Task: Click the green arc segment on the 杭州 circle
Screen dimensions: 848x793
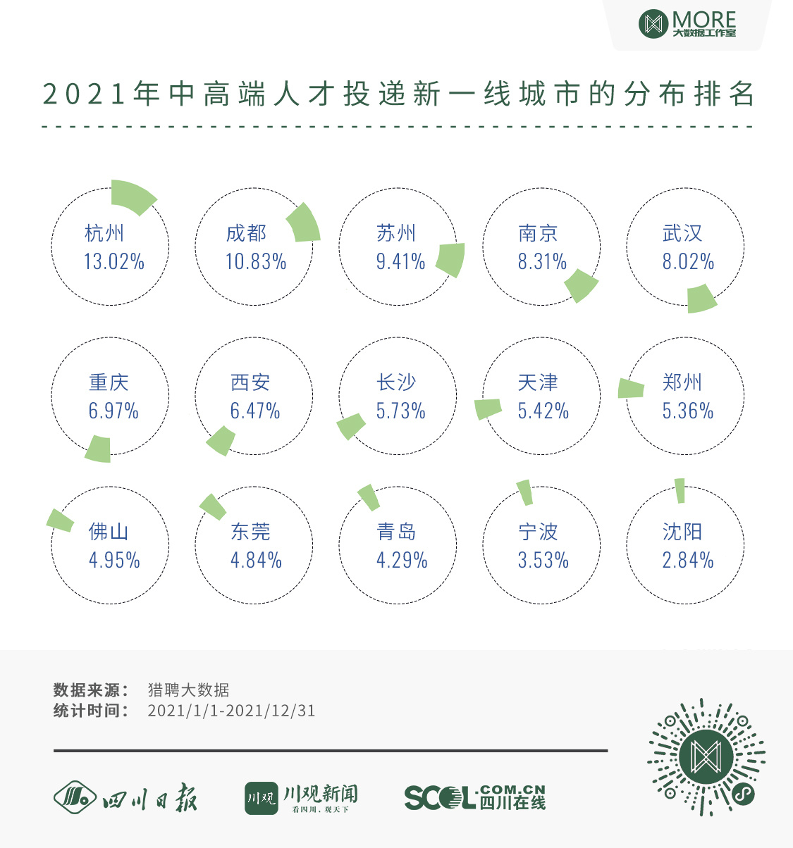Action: pos(134,197)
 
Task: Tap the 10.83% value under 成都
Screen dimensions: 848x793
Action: pos(256,262)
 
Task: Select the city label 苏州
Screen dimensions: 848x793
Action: pos(396,233)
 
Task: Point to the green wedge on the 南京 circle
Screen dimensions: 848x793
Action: pos(582,285)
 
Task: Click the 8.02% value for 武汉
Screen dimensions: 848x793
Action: pos(688,262)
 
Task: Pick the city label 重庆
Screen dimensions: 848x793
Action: pos(109,382)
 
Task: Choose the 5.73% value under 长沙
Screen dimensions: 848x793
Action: pos(400,411)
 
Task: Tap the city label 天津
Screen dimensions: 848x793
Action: pos(538,382)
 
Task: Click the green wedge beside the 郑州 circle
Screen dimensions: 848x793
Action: pos(632,388)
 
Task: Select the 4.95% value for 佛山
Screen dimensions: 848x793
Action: pos(114,561)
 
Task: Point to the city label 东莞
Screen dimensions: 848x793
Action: pos(250,532)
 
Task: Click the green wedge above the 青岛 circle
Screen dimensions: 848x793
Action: pos(369,497)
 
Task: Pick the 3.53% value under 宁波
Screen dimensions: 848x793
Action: pos(543,561)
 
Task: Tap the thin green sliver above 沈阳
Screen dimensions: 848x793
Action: pos(680,490)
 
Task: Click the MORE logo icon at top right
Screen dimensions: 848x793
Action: pos(653,25)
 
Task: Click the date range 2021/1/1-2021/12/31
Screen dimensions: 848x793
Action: pos(231,711)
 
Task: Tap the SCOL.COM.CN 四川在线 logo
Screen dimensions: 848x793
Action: pos(474,798)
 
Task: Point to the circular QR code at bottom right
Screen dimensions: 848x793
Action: pos(706,757)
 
